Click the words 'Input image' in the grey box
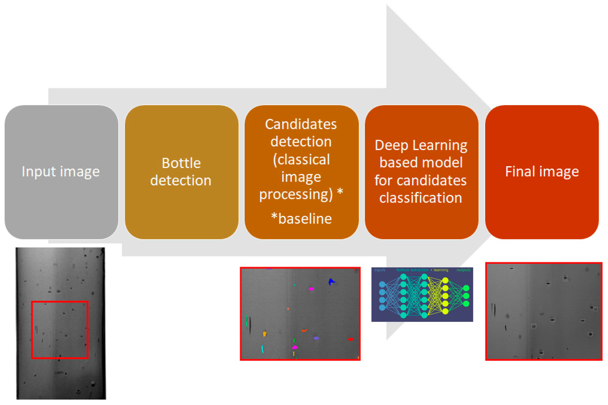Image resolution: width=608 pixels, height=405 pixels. pos(61,171)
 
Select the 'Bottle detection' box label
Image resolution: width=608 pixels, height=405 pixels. pos(181,171)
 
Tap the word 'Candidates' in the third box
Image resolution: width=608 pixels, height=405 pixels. pos(301,124)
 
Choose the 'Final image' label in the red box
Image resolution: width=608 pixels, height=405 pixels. pos(542,171)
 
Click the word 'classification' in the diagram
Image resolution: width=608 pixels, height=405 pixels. pos(421,198)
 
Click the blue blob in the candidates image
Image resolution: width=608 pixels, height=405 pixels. pos(331,282)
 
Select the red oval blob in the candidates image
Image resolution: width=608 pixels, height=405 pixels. pos(350,339)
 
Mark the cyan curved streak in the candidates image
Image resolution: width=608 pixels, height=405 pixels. pos(262,349)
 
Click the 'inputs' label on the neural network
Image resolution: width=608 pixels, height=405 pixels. pos(380,270)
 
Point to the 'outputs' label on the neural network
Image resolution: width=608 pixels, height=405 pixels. pos(463,270)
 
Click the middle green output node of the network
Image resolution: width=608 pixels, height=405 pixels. pos(466,296)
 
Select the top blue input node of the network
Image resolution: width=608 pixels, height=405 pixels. pos(382,284)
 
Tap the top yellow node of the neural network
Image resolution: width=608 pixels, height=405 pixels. pos(445,280)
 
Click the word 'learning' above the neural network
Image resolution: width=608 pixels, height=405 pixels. pos(441,270)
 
